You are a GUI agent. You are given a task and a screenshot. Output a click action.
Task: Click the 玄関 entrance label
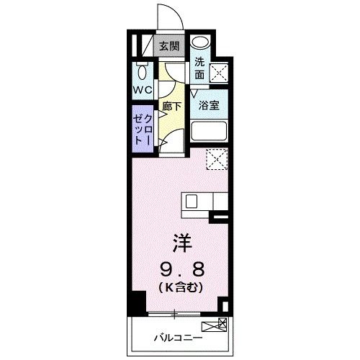(x=170, y=47)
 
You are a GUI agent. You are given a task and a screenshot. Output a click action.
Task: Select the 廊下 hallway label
(x=173, y=106)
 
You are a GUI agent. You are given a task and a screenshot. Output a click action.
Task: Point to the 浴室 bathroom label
(x=209, y=105)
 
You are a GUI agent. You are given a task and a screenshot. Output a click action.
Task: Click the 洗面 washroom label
(x=199, y=66)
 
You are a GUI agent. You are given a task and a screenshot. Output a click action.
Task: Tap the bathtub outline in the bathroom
(x=210, y=132)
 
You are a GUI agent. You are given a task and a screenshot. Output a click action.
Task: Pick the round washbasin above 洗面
(x=201, y=42)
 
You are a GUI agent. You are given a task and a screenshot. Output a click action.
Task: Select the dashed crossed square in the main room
(x=217, y=158)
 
